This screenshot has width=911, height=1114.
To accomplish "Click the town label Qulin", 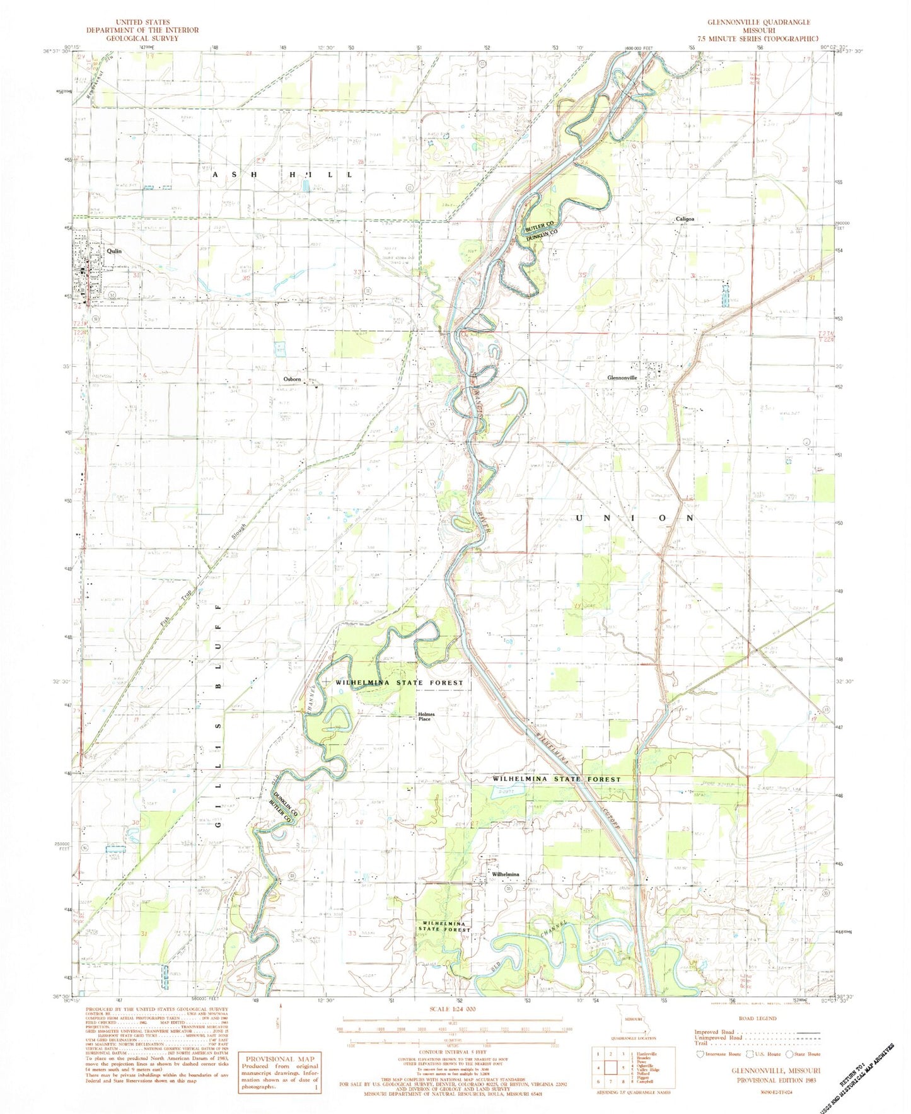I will coord(114,251).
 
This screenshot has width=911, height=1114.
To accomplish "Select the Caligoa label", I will coord(685,219).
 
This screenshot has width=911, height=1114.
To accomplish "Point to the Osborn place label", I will coord(292,379).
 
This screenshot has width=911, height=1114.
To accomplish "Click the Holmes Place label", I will coord(425,717).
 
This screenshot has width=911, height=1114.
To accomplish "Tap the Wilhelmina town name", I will coord(505,874).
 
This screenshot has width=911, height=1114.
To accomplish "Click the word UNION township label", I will coord(635,518).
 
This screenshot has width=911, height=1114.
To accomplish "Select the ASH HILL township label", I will coord(284,174).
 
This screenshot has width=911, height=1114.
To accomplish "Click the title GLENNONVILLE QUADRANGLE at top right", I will coord(758,22).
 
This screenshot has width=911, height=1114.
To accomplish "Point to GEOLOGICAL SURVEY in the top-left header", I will coord(142,38).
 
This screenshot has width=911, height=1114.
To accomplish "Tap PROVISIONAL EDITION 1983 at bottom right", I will coord(776,1079).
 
